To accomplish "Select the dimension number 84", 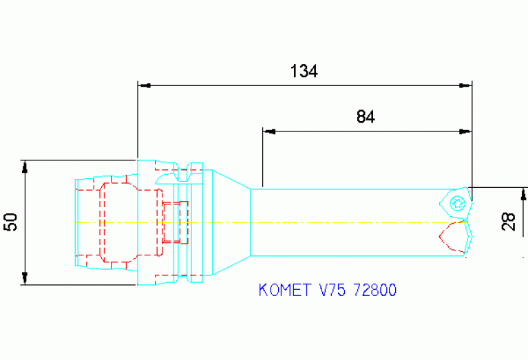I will point(366,116).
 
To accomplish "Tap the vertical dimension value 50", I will point(10,222).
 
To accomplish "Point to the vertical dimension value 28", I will point(509,221).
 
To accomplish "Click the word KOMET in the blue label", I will point(285,290).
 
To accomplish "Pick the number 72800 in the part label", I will point(374,290).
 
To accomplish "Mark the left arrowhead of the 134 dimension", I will point(144,86).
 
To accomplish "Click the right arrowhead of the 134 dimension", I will point(466,86).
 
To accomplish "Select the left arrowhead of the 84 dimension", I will point(269,131).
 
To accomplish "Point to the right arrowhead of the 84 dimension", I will point(466,131).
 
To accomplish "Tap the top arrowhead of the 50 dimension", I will point(25,167).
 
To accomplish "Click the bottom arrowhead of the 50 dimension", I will point(25,278).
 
